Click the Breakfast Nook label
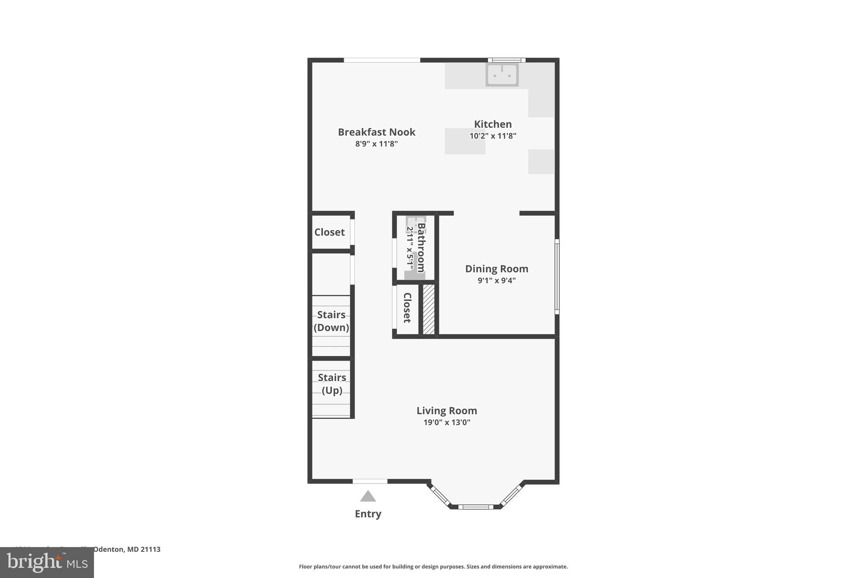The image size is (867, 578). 376,132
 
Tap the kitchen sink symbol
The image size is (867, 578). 502,75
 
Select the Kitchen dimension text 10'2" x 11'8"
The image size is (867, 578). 493,136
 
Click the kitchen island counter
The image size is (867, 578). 464,141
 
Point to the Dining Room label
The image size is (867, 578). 497,269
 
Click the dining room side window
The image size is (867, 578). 557,277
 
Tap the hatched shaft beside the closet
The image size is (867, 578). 429,309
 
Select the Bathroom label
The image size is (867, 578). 421,248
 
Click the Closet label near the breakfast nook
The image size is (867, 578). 329,232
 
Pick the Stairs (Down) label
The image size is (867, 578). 331,321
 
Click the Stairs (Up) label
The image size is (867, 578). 332,384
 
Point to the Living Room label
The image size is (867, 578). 447,410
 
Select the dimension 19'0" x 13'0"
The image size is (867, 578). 447,422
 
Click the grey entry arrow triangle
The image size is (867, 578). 368,496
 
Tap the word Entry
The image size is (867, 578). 368,514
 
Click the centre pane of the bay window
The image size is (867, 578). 475,506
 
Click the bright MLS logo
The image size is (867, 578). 47,562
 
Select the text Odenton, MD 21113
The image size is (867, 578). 127,549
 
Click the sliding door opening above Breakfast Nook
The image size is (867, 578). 382,60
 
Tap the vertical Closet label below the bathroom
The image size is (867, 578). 407,308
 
